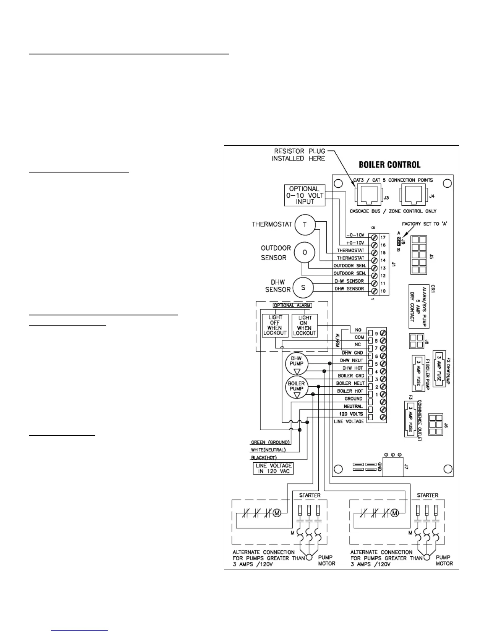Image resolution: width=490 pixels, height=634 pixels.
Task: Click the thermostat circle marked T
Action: [305, 225]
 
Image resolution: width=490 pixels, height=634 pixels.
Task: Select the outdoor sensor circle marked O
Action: [304, 253]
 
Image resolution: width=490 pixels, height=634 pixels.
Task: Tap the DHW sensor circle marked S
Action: [303, 287]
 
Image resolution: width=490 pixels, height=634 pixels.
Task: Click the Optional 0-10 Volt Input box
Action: [304, 195]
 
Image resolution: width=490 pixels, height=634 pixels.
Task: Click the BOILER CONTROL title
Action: [389, 165]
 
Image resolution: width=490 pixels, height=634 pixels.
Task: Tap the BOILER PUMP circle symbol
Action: [296, 387]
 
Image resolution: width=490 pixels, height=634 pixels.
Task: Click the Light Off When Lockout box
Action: [275, 325]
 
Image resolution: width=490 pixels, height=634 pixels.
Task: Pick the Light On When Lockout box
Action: [305, 325]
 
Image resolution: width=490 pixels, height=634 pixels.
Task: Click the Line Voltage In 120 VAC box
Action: [274, 468]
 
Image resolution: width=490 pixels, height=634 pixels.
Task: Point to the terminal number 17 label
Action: [383, 237]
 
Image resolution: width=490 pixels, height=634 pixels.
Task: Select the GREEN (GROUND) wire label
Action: [270, 442]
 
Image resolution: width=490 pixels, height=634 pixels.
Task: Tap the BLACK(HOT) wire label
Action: [264, 457]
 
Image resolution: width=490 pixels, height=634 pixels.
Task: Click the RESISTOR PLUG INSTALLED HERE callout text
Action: [298, 155]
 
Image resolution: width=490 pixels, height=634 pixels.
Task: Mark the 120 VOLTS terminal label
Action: [351, 414]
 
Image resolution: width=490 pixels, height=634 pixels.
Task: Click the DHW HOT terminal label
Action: [352, 368]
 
